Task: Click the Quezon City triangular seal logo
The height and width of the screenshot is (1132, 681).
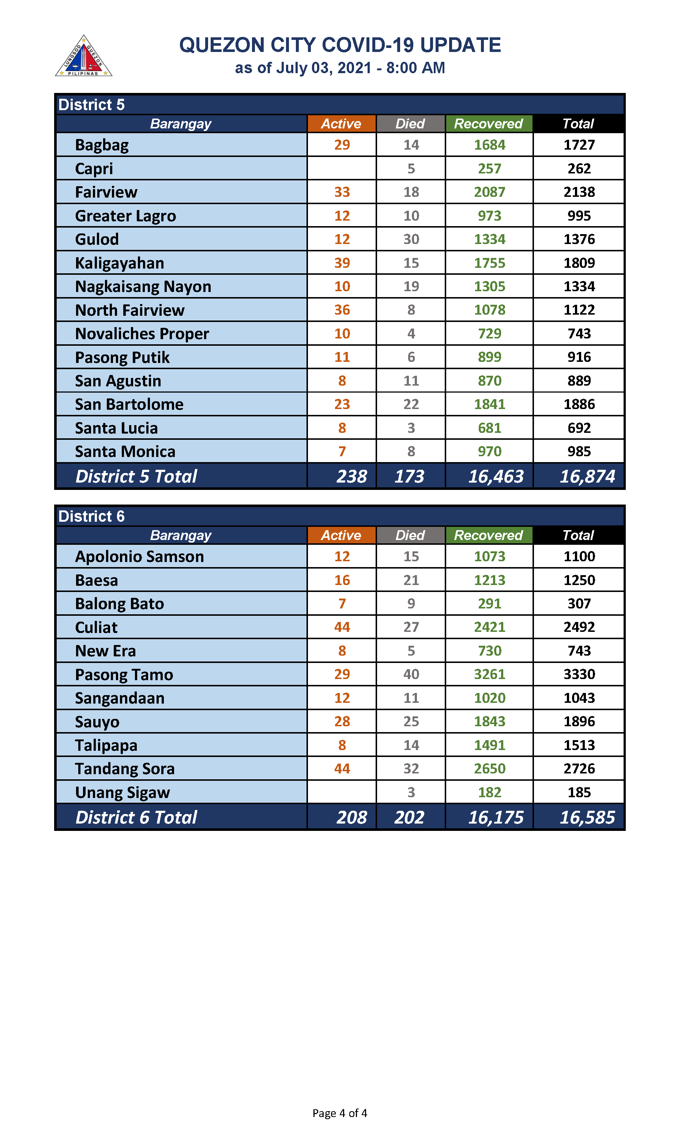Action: point(83,56)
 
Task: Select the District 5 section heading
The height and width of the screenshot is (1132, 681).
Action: point(91,105)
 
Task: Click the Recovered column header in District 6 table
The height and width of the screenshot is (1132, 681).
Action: point(488,535)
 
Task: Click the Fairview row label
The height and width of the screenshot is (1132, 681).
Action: point(106,192)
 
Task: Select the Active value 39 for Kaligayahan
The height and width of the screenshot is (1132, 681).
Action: point(342,263)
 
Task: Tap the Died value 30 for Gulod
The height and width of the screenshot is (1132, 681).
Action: point(411,239)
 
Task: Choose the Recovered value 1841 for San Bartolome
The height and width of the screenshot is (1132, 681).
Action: point(489,404)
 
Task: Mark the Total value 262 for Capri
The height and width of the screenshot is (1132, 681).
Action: point(579,168)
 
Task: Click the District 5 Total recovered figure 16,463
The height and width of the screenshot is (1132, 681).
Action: point(496,476)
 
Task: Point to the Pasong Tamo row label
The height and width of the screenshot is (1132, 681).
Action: point(124,675)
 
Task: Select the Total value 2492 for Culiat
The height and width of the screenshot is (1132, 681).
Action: point(579,627)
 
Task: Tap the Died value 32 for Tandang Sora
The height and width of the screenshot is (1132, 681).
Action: point(411,769)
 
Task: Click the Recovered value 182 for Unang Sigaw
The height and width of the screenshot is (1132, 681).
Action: point(489,792)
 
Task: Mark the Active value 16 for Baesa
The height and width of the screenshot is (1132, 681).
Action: point(342,580)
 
